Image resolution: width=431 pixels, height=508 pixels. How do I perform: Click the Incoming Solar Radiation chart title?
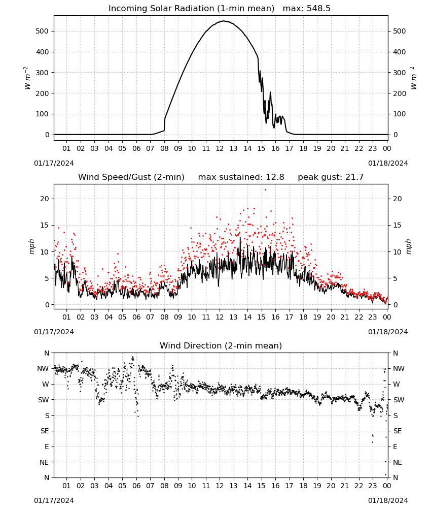(191, 8)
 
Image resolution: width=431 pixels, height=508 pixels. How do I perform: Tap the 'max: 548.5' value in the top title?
(307, 8)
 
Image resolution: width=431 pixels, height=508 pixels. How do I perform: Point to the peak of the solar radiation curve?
(224, 21)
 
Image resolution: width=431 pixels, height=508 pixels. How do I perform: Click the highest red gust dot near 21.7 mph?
(266, 189)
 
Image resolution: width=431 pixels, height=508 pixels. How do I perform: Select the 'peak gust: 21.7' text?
(331, 177)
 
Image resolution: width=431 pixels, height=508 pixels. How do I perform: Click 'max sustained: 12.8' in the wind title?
(241, 177)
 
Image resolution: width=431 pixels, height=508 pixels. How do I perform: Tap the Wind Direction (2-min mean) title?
(221, 345)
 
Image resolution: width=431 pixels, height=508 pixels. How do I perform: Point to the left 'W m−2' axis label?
(27, 78)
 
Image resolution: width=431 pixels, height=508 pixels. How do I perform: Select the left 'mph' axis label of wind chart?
(31, 246)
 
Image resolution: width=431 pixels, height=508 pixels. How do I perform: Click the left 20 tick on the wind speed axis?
(45, 199)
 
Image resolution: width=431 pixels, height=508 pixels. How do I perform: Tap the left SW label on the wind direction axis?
(44, 400)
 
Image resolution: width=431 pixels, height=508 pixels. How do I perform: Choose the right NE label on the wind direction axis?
(398, 462)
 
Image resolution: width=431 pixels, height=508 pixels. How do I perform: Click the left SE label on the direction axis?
(45, 431)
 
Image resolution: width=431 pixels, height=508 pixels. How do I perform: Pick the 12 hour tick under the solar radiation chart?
(220, 148)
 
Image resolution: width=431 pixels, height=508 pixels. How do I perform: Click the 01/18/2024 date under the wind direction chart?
(388, 500)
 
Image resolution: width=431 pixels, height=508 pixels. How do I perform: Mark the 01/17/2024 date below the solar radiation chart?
(54, 163)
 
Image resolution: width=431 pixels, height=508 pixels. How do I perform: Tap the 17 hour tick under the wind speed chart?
(289, 317)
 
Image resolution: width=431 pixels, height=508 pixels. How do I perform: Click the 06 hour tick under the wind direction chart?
(136, 486)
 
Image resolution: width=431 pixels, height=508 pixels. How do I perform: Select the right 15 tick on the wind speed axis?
(398, 225)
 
